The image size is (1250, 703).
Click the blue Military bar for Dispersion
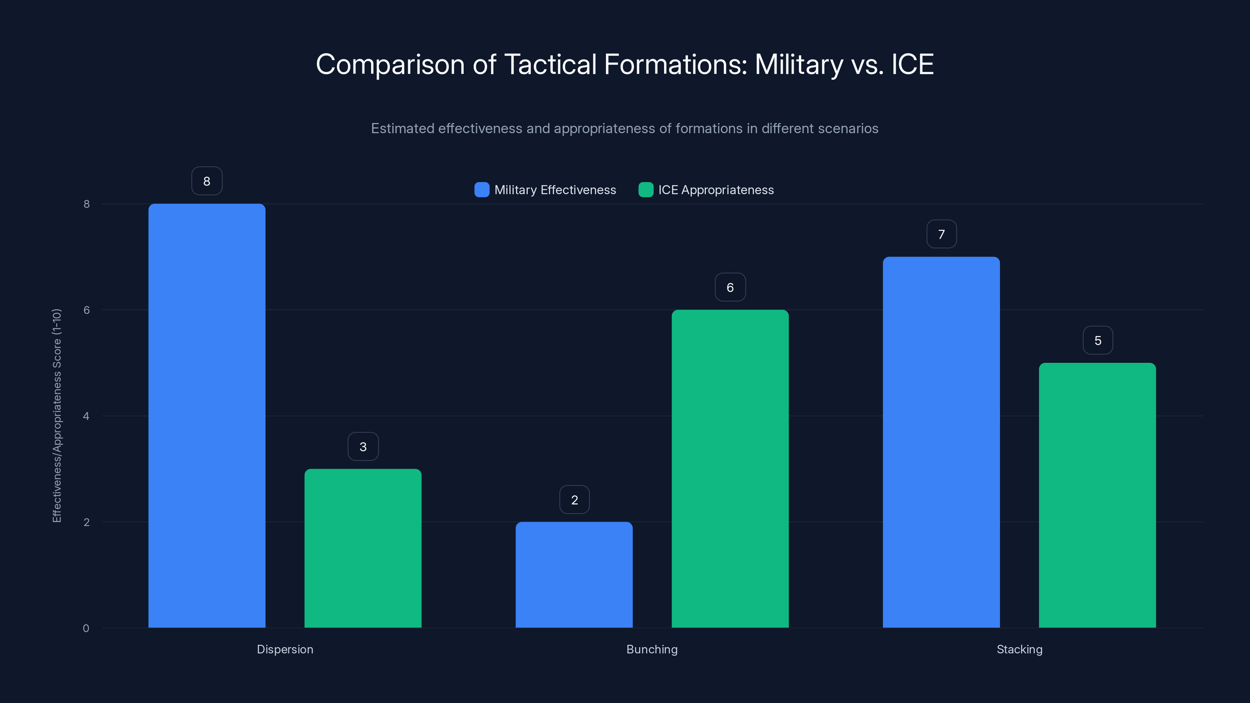click(207, 415)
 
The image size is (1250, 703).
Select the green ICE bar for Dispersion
click(363, 548)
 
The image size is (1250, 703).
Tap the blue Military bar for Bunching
click(574, 575)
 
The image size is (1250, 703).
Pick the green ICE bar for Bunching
click(730, 469)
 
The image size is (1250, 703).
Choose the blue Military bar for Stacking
click(941, 442)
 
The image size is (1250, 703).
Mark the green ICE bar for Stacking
click(1097, 495)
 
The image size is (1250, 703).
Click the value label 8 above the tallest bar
click(207, 181)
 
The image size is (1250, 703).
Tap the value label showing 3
click(363, 446)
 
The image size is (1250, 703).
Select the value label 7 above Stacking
click(941, 234)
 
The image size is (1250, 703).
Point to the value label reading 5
click(1098, 341)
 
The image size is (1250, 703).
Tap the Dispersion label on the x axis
click(285, 649)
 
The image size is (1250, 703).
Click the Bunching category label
click(652, 649)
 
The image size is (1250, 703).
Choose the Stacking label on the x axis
click(1019, 649)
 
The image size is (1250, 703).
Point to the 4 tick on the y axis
click(86, 416)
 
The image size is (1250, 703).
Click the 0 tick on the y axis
click(86, 628)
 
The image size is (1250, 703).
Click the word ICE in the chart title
click(912, 64)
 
